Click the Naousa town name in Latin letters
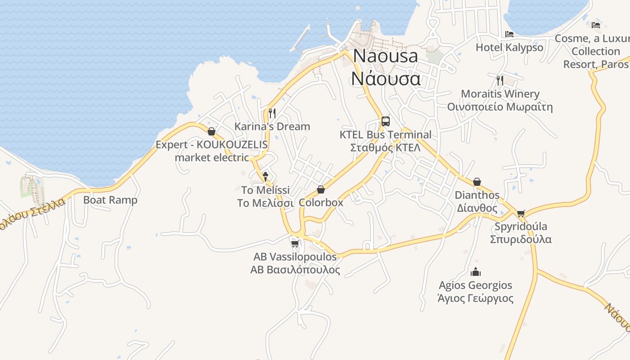386,56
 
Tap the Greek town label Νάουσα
386,78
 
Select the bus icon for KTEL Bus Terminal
386,121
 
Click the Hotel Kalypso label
509,47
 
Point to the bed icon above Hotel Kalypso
509,34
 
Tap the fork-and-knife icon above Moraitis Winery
500,80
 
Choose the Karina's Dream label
272,126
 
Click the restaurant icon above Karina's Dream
272,112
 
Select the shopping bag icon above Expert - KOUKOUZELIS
211,131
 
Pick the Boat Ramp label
110,200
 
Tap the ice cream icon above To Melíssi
265,176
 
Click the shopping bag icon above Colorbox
321,189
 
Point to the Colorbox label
321,202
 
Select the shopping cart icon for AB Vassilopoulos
295,243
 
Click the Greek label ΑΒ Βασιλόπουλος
295,270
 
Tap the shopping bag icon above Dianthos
477,182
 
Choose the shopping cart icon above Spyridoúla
521,213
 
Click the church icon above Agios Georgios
476,272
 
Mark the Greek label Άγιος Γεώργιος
476,298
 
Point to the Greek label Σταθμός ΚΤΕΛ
385,148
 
